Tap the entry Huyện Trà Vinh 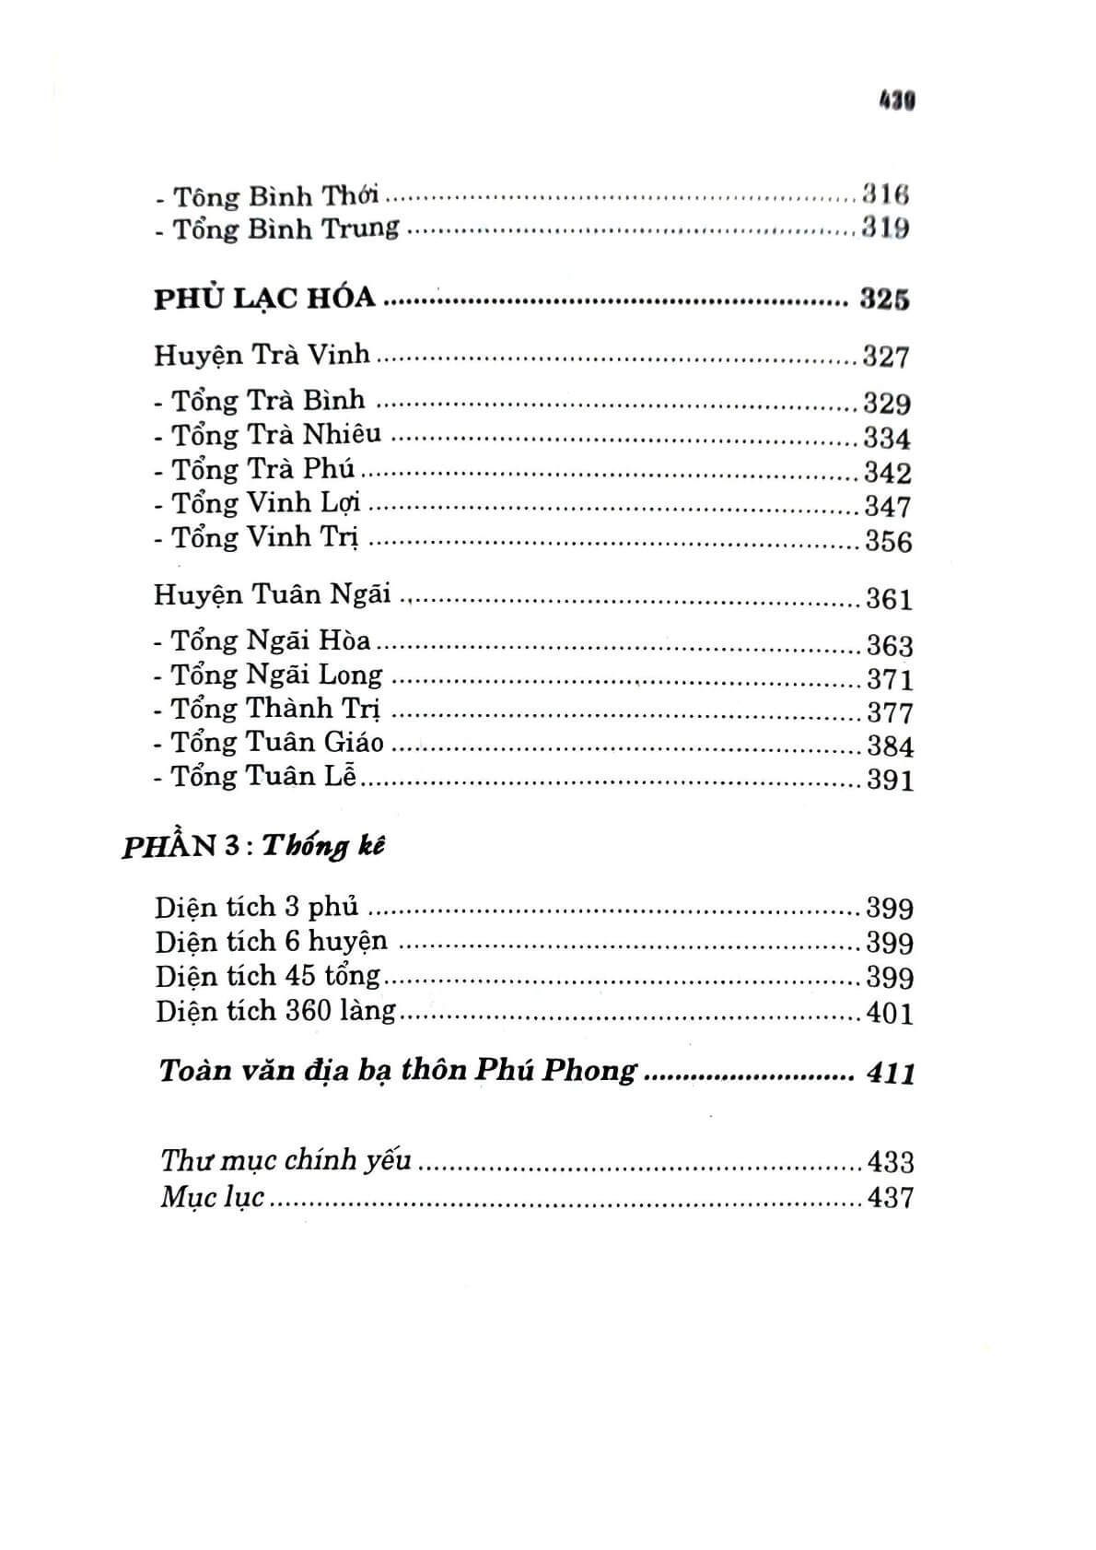262,355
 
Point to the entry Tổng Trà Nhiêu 276,435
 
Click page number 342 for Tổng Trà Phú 887,472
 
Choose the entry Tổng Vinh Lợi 266,504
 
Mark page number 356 888,541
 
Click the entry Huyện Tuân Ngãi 273,595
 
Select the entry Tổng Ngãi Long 276,675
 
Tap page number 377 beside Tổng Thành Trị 890,712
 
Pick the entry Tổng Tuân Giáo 277,744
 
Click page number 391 890,781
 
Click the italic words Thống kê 323,847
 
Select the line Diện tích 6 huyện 272,942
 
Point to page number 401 890,1014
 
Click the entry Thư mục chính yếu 286,1160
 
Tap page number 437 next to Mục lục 890,1198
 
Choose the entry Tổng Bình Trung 286,229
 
